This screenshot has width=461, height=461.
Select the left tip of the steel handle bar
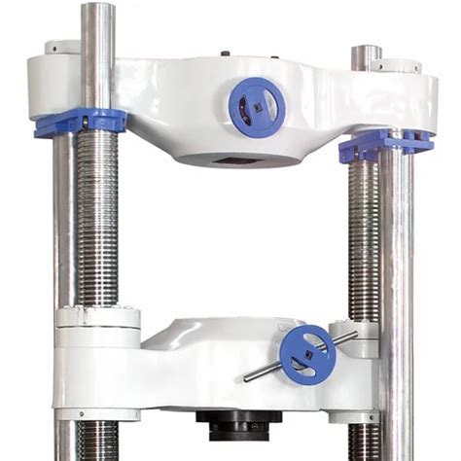click(x=247, y=377)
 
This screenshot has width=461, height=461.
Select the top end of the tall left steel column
click(x=98, y=10)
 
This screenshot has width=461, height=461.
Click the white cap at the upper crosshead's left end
click(x=61, y=48)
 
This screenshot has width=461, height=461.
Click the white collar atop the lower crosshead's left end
click(x=97, y=317)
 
